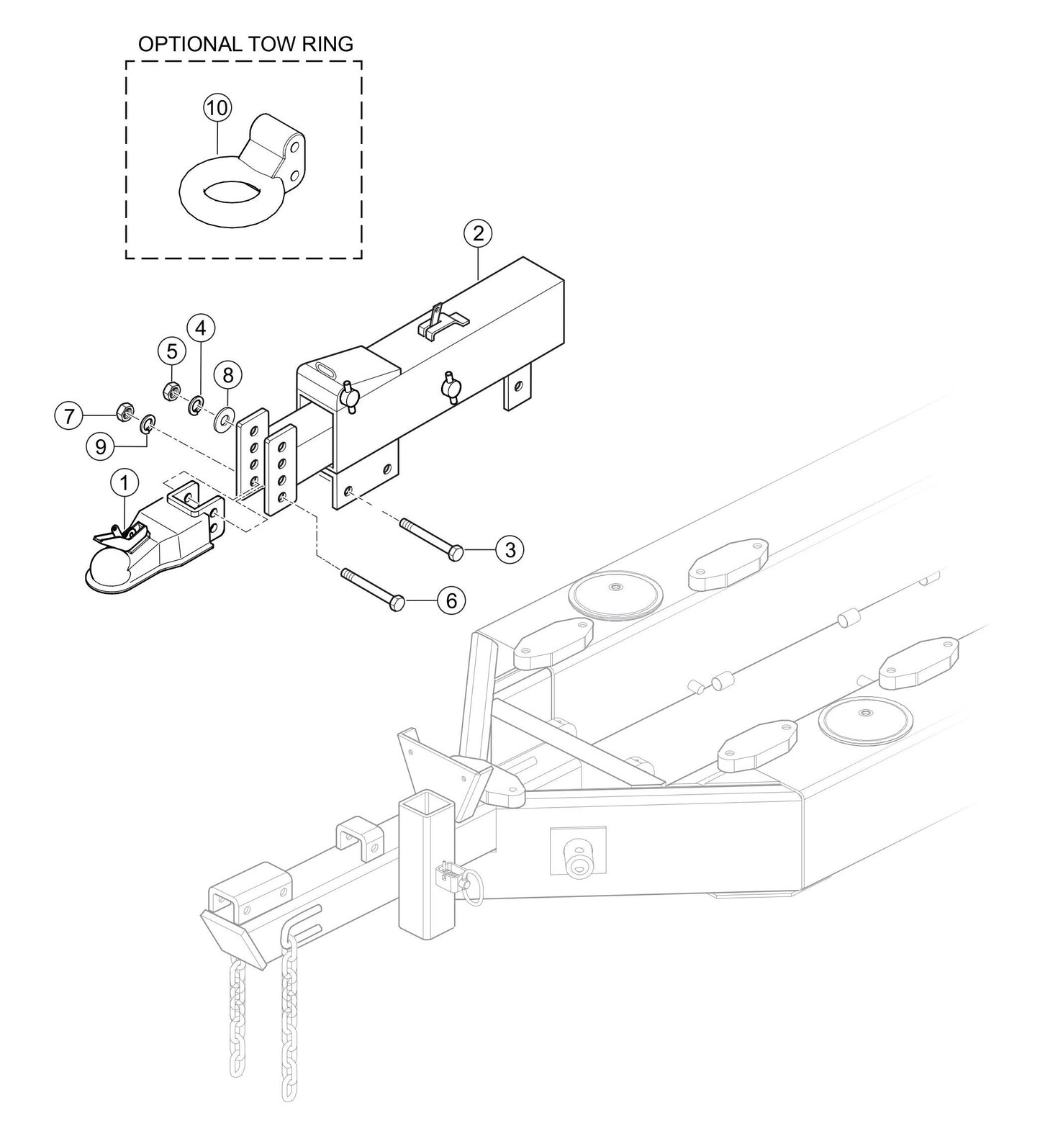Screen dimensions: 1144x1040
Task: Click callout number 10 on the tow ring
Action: (217, 109)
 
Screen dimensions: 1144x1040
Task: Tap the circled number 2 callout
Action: (478, 233)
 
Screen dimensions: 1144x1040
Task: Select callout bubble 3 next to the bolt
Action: (510, 550)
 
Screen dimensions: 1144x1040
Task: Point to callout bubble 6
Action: (451, 600)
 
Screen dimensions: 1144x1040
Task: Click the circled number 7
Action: (69, 415)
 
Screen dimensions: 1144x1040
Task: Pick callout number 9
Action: (100, 446)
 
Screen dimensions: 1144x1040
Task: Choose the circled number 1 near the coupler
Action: (125, 483)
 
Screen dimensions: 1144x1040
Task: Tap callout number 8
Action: (228, 374)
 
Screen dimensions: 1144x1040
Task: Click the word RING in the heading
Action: (328, 44)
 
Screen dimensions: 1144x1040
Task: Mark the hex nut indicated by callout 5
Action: (171, 391)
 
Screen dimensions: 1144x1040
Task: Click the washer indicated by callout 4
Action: (195, 408)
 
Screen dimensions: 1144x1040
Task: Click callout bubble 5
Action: (171, 351)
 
